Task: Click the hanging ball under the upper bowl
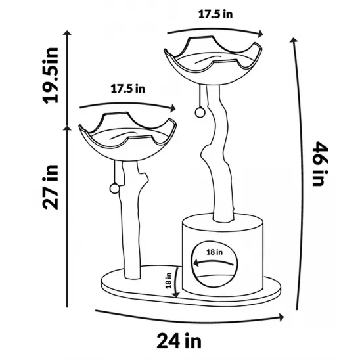[x=198, y=112]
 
